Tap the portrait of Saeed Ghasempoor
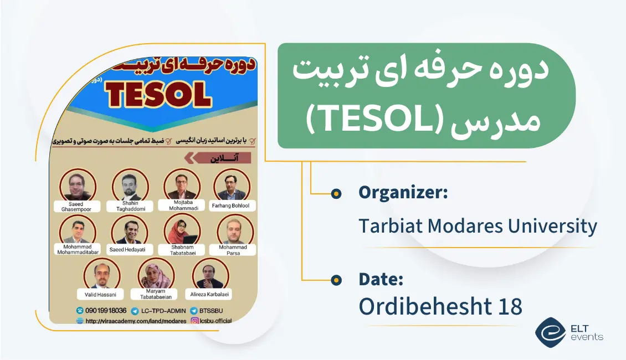tap(76, 185)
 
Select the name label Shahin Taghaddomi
tap(131, 206)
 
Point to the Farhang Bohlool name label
tap(231, 205)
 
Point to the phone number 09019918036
tap(106, 311)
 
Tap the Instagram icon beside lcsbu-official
tap(195, 321)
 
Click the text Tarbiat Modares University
tap(478, 226)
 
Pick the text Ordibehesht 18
tap(440, 306)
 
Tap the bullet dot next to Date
tap(336, 280)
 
